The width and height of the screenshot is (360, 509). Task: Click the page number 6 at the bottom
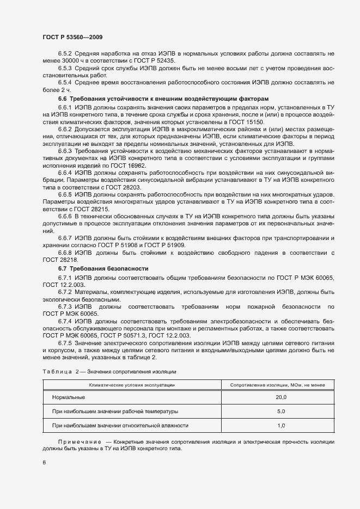pyautogui.click(x=44, y=463)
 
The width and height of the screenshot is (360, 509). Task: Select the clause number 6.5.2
pyautogui.click(x=66, y=53)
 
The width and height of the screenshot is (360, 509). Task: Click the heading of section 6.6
pyautogui.click(x=141, y=99)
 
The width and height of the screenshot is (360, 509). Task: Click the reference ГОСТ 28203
pyautogui.click(x=112, y=187)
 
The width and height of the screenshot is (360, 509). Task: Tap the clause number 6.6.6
pyautogui.click(x=66, y=216)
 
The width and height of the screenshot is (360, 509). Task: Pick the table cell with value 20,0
pyautogui.click(x=281, y=398)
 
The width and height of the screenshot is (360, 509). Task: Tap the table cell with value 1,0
pyautogui.click(x=281, y=425)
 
